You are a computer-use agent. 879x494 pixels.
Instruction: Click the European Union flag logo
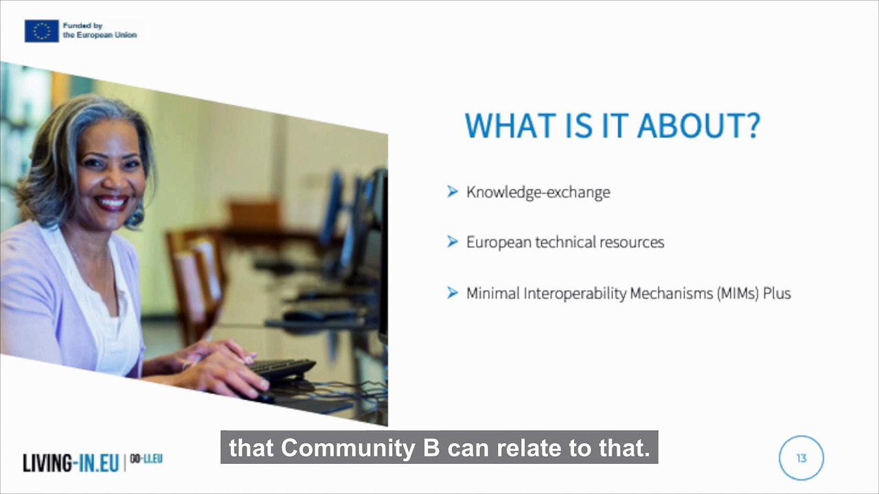42,31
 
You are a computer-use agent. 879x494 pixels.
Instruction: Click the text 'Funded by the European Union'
100,30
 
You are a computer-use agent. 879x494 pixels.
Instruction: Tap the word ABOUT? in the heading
698,126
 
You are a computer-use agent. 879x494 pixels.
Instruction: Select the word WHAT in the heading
511,126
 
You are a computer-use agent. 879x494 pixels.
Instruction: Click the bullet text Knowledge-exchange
538,192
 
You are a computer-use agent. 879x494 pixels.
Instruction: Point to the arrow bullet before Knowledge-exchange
453,191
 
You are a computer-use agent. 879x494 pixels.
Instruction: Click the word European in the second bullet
499,242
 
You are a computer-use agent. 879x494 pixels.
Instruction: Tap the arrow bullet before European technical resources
453,242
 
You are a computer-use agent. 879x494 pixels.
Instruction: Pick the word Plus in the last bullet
777,293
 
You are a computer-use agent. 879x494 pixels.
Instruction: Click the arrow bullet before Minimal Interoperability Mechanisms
453,293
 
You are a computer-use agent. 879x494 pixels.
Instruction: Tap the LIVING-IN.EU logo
71,463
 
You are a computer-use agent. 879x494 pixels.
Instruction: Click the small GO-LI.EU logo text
146,459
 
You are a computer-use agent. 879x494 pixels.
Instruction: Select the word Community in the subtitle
347,448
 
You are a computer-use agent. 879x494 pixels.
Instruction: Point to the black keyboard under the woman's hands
282,369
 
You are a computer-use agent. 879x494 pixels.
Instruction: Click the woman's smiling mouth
112,202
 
